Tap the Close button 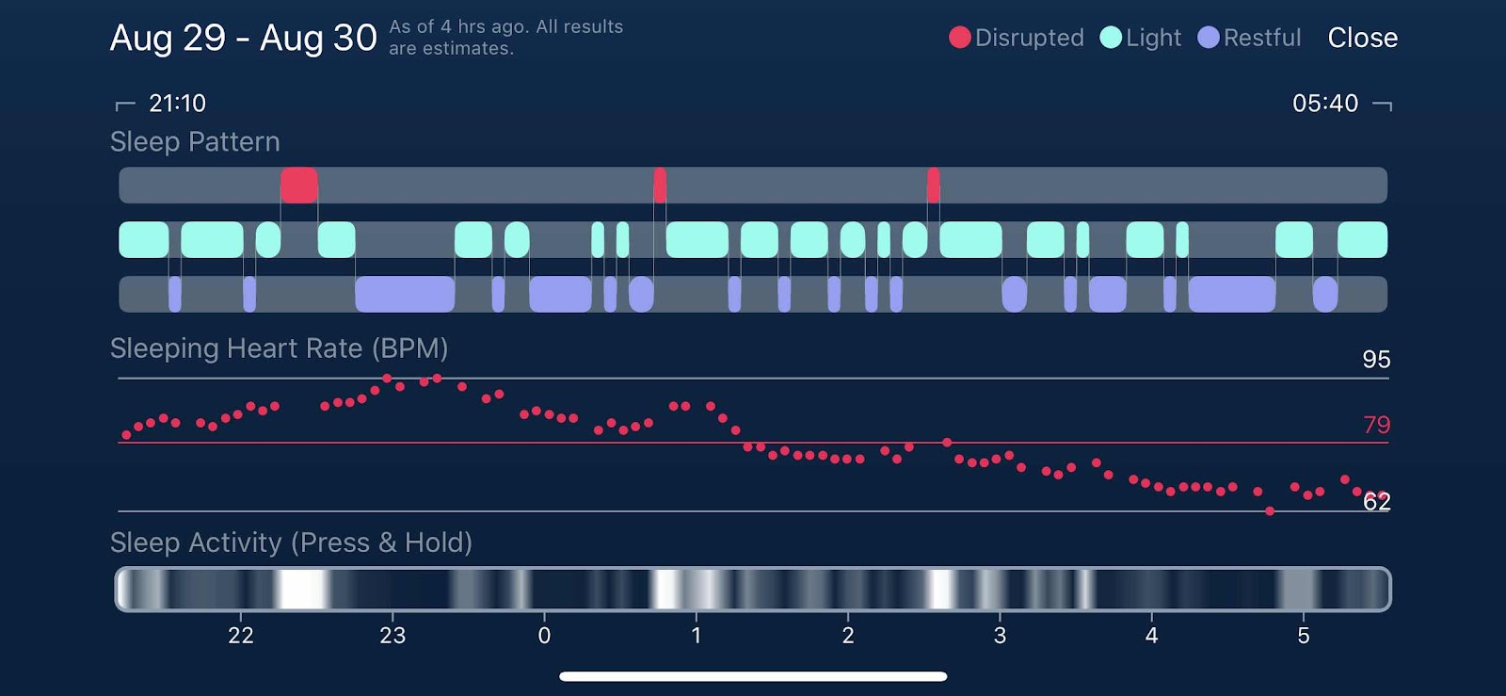click(x=1362, y=38)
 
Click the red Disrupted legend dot click(x=959, y=38)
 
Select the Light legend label click(x=1153, y=38)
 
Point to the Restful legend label click(x=1261, y=38)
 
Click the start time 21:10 click(x=177, y=103)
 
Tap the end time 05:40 click(x=1324, y=103)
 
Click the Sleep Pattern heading click(x=195, y=141)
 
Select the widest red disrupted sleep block click(x=298, y=185)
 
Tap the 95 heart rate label click(x=1376, y=359)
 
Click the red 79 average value click(x=1376, y=425)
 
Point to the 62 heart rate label click(x=1376, y=502)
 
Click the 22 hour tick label click(x=241, y=636)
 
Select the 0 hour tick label click(x=544, y=636)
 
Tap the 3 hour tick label click(x=1000, y=636)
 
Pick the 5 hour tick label click(x=1304, y=636)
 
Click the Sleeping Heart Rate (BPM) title click(x=279, y=348)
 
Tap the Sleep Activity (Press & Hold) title click(x=291, y=542)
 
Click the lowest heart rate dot click(x=1270, y=511)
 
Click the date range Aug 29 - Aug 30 click(x=243, y=38)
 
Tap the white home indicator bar click(x=753, y=676)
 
